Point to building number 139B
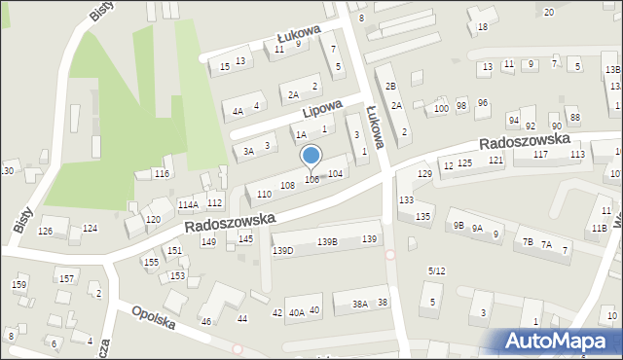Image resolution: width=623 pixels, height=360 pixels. (327, 241)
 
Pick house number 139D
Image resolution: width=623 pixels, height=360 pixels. (282, 251)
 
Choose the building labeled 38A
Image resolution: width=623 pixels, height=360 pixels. (360, 305)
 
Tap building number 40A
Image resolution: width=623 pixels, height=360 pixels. (296, 312)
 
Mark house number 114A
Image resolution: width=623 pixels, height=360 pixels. (188, 204)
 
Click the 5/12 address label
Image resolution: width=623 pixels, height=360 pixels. (437, 270)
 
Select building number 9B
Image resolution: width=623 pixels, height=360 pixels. (458, 226)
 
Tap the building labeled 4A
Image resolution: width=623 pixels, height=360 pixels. (238, 111)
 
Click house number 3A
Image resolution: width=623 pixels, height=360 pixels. (248, 151)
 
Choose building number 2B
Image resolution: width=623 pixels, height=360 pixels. (389, 87)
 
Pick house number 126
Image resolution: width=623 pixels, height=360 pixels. (45, 231)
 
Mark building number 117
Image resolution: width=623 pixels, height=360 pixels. (540, 155)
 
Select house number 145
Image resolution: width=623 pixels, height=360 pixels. (246, 238)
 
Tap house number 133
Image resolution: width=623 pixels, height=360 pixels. (405, 199)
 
